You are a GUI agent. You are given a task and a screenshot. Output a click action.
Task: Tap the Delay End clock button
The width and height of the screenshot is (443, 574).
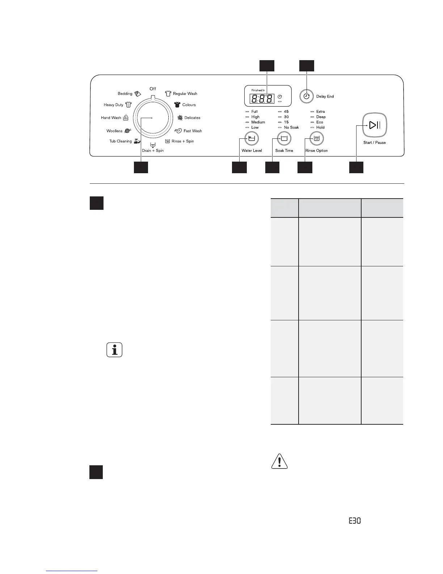307,96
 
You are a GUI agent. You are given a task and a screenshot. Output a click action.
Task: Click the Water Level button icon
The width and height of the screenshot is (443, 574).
252,138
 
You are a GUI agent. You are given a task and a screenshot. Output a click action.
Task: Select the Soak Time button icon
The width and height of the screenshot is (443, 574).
284,138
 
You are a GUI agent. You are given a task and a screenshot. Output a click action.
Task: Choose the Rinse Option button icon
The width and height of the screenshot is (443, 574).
317,138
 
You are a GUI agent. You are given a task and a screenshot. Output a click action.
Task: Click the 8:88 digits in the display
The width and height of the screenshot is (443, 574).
262,99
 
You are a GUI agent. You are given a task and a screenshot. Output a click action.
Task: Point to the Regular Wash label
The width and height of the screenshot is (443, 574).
185,93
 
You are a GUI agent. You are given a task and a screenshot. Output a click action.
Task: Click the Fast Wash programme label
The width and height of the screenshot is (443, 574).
193,131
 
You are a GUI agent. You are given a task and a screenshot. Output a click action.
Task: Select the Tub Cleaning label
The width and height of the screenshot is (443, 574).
121,141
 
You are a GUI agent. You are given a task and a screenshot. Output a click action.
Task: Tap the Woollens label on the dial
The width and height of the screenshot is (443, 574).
114,131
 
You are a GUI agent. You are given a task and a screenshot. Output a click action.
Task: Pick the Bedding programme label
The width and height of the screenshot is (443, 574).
125,93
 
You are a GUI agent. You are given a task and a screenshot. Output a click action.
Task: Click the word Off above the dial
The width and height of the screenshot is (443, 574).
153,89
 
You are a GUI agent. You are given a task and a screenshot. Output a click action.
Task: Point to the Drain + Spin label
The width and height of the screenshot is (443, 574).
153,150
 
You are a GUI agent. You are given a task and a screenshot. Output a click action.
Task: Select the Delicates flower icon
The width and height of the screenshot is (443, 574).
180,118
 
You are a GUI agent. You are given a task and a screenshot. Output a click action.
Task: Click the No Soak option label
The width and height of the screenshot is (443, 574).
291,128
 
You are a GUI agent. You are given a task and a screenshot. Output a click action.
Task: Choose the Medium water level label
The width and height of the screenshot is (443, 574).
258,122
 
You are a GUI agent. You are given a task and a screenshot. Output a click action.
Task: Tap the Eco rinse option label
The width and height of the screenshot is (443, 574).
320,122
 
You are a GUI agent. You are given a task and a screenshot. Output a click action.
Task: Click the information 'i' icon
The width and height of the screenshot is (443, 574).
114,350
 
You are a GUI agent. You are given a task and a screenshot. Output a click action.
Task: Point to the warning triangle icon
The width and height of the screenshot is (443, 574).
279,462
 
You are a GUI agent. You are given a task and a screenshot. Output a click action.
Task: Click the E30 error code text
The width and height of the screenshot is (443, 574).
355,521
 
